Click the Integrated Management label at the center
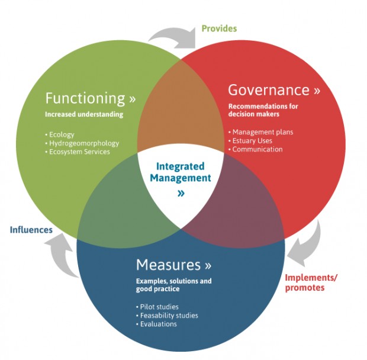tap(181, 172)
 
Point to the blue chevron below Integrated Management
tap(181, 193)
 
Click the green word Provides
tap(219, 28)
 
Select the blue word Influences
tap(31, 230)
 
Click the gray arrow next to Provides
tap(172, 35)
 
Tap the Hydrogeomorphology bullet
tap(83, 143)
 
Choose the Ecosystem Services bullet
tap(78, 152)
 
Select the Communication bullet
tap(257, 150)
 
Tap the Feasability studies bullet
tap(169, 316)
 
